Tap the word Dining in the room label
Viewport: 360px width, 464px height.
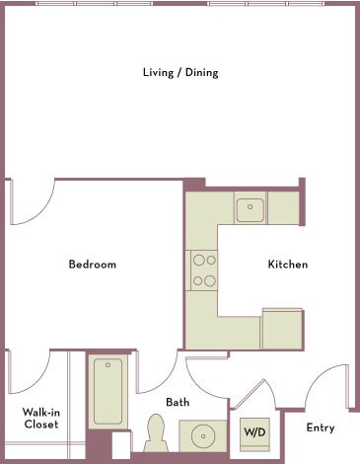tap(200, 73)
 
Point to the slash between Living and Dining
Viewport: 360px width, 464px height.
tap(179, 73)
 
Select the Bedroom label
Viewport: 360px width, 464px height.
tap(92, 265)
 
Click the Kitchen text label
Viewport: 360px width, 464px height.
tap(288, 265)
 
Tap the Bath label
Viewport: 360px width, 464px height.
tap(178, 402)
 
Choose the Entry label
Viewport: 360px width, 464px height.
tap(321, 427)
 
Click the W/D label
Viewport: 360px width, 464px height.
tap(253, 431)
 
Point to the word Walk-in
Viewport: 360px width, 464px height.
tap(40, 412)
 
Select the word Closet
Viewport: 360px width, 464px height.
tap(40, 425)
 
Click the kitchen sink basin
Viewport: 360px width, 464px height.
tap(250, 207)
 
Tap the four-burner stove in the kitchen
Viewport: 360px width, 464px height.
tap(204, 270)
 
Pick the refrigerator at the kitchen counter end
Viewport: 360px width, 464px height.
tap(281, 329)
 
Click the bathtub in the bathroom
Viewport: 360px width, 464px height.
tap(107, 391)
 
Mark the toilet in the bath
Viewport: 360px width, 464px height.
tap(155, 432)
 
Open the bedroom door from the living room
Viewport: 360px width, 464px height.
tap(30, 202)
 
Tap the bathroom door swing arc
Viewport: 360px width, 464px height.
tap(156, 372)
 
